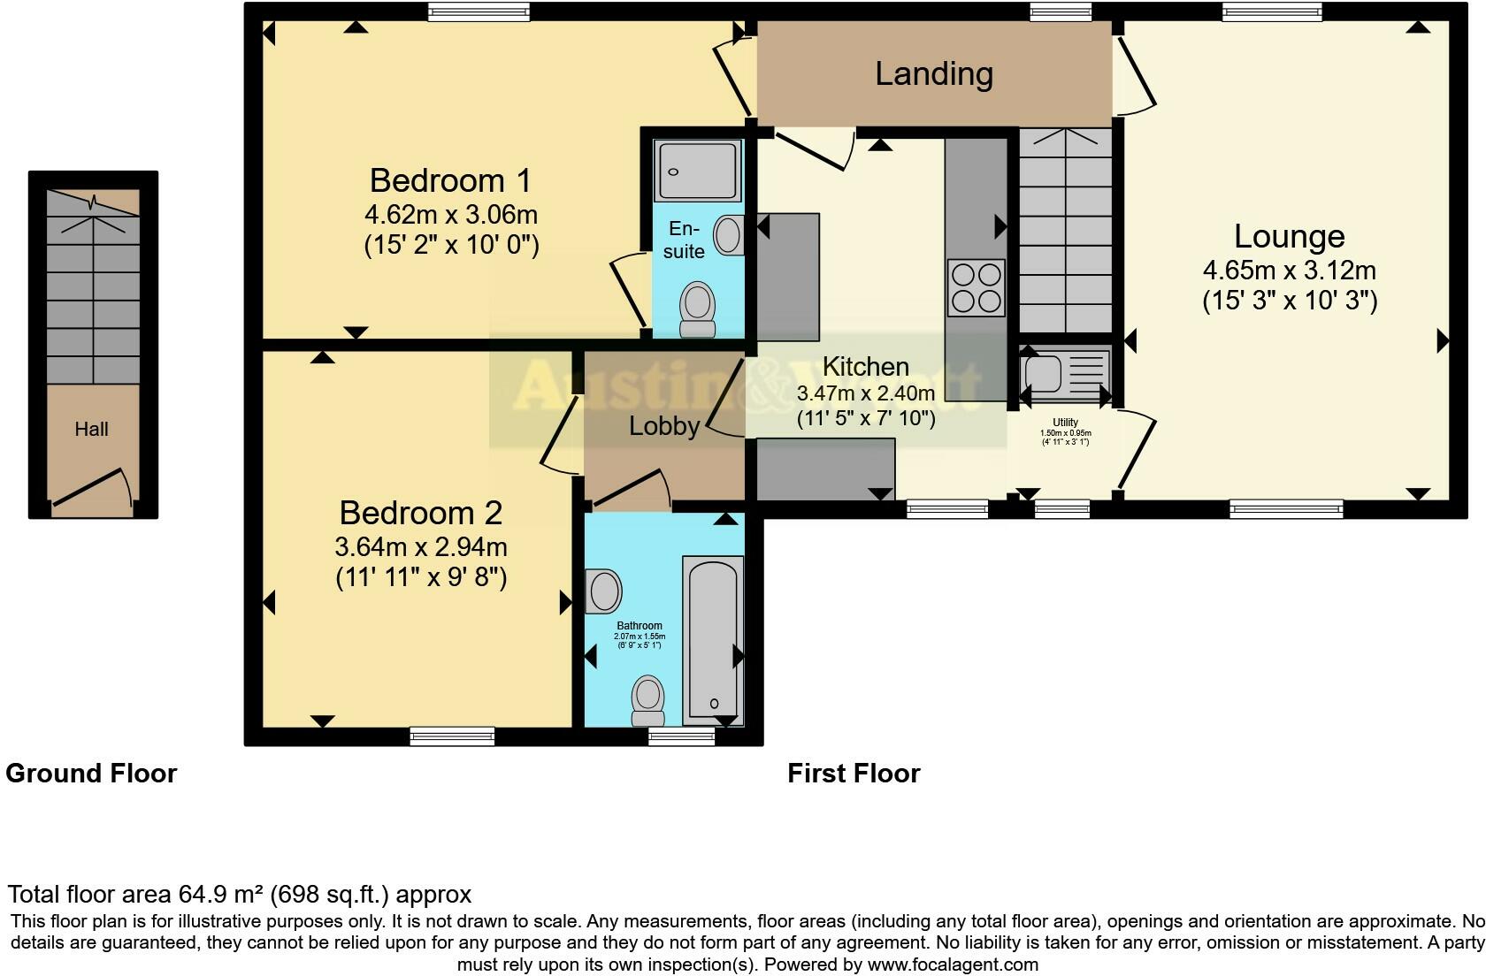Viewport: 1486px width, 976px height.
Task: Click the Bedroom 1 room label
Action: [450, 180]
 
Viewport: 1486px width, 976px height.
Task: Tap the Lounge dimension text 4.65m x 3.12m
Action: [1289, 270]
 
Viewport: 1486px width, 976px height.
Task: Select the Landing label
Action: [934, 73]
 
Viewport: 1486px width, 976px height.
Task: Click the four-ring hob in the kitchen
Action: [976, 287]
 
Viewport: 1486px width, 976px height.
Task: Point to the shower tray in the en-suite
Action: [697, 170]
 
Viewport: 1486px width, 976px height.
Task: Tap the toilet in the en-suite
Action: [697, 309]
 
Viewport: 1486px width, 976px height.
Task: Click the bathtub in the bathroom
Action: [713, 640]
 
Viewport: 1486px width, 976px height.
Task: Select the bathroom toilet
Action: [647, 698]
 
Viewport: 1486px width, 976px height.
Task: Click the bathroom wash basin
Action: [604, 591]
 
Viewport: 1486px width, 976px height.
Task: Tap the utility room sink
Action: [1044, 373]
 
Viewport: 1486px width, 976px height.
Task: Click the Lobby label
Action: [664, 426]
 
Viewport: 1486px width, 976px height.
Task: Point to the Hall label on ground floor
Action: [92, 430]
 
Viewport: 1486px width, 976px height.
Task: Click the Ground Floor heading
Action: [91, 774]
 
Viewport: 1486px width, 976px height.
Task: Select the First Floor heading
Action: [854, 774]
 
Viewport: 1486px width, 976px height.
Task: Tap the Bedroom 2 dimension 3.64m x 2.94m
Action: [421, 547]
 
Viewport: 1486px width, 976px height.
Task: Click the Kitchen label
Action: [865, 366]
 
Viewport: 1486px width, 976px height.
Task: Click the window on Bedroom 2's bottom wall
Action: [452, 736]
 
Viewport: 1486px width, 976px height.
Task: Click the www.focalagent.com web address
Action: [953, 965]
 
